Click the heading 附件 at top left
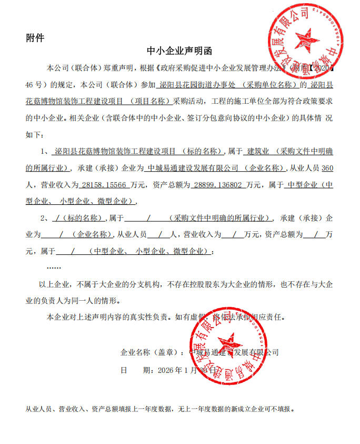click(x=35, y=38)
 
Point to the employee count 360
click(x=327, y=169)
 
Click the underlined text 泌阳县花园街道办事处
click(x=195, y=84)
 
